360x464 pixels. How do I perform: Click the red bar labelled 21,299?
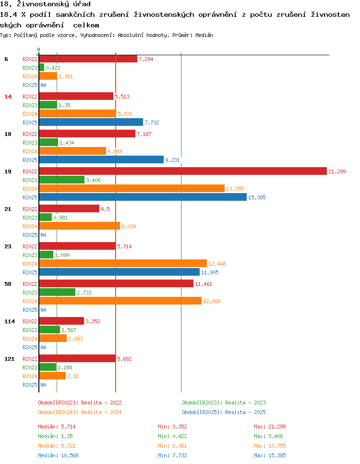182,171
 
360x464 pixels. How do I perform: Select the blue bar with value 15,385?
143,197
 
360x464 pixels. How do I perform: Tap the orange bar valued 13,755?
132,189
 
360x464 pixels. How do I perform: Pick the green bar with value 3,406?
61,180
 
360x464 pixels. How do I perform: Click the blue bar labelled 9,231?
101,160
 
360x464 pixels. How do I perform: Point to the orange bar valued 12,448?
123,264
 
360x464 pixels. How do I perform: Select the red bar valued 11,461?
116,284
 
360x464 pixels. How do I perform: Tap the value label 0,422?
53,68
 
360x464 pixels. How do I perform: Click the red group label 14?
8,97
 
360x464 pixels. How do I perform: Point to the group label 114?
9,321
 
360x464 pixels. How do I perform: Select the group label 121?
9,359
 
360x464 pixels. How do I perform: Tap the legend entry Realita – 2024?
80,412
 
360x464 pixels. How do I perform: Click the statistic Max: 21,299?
270,427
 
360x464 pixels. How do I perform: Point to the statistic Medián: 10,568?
58,455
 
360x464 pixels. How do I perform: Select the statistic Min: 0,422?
172,436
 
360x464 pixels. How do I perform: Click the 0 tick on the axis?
38,50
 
